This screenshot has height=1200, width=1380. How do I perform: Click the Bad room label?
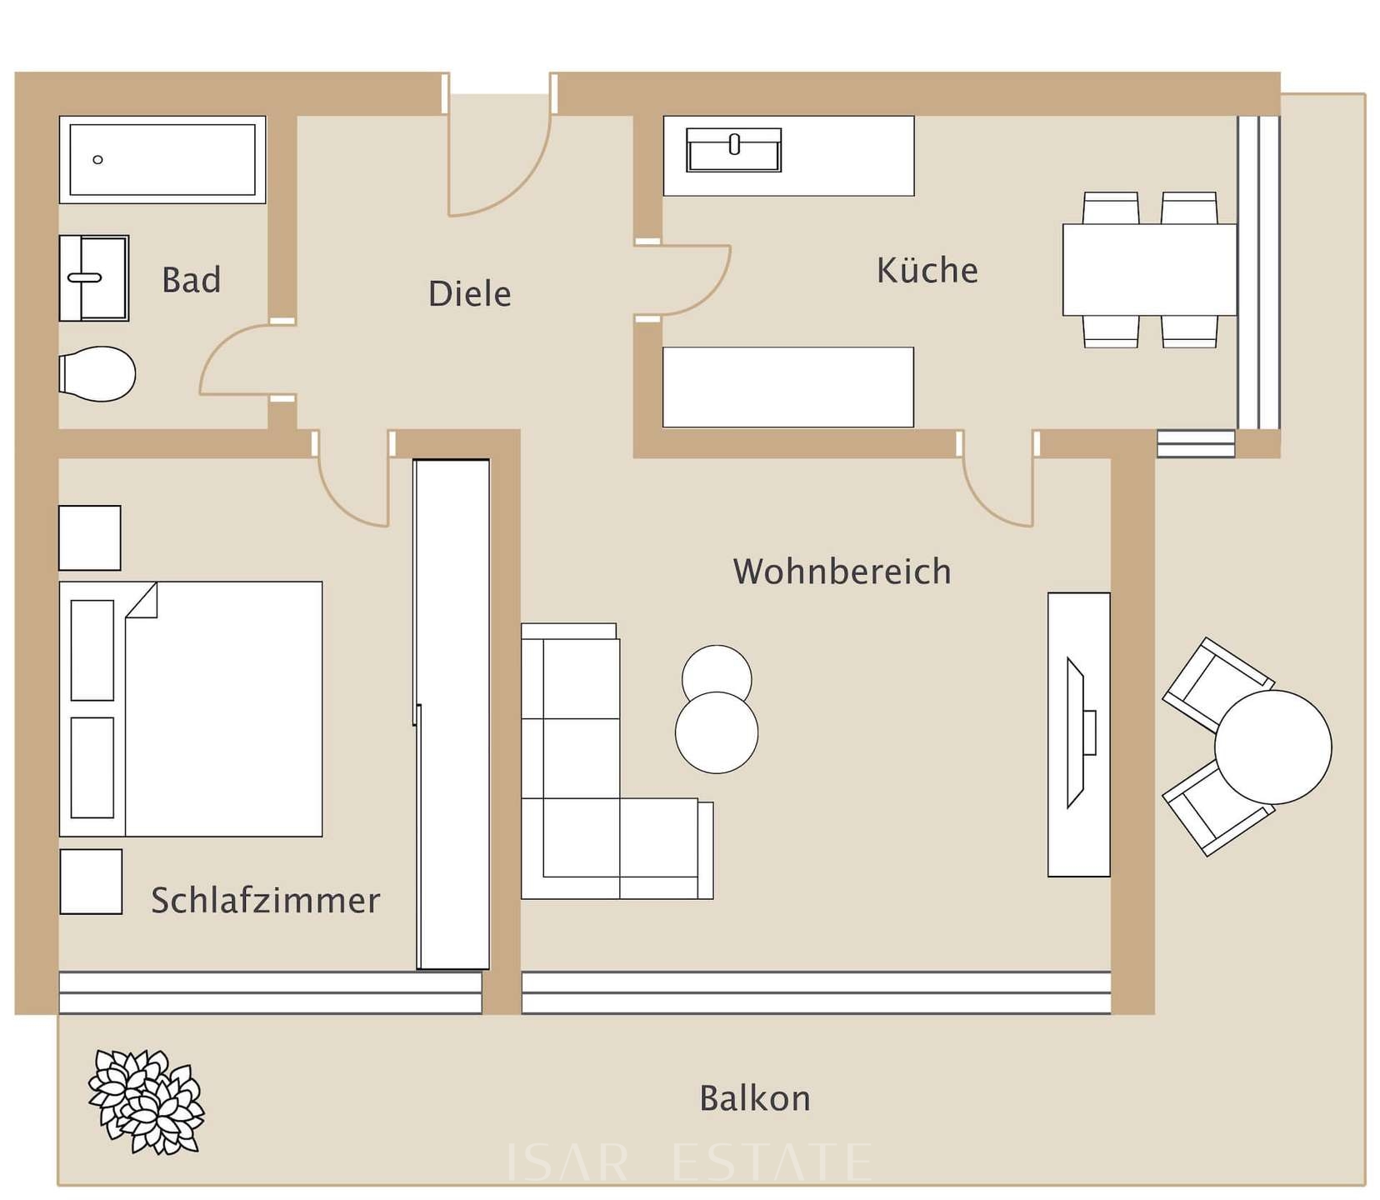click(191, 280)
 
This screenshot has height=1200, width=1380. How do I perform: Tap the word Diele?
click(469, 294)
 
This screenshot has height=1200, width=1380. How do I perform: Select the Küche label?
click(927, 271)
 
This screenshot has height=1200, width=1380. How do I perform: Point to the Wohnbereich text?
click(842, 572)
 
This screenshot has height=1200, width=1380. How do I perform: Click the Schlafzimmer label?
click(265, 900)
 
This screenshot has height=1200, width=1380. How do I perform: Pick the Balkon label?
click(754, 1098)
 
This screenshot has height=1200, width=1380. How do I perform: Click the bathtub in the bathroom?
click(162, 159)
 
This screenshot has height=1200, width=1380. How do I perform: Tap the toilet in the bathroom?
click(97, 373)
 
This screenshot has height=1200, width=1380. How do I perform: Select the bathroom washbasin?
click(93, 277)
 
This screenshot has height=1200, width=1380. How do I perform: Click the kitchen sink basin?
click(733, 150)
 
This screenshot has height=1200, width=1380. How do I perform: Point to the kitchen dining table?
click(1148, 270)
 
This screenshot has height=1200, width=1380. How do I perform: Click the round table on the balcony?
click(1272, 747)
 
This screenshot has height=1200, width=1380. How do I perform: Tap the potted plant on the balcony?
click(146, 1101)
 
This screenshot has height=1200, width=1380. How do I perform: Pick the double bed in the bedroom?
click(191, 709)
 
